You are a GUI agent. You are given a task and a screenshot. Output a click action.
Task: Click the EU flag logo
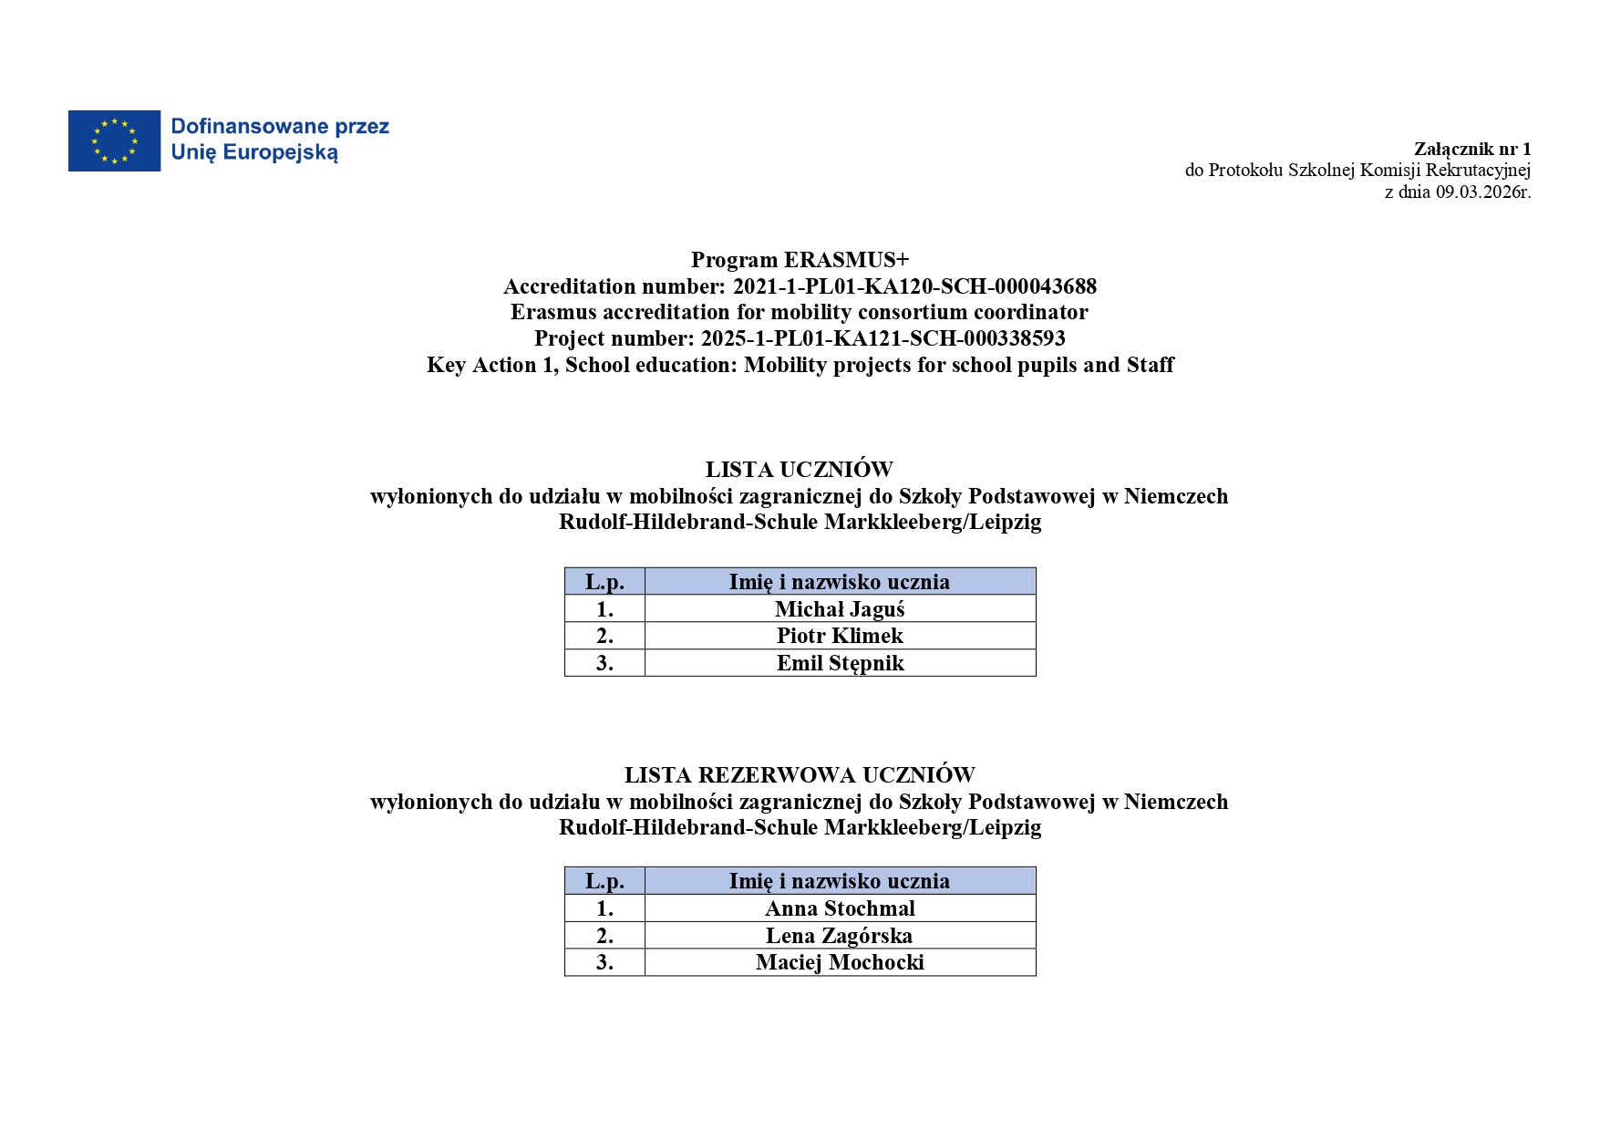pos(114,140)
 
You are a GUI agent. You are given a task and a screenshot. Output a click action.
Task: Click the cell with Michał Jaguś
pos(840,609)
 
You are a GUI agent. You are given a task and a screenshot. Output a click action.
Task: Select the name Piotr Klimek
pos(840,636)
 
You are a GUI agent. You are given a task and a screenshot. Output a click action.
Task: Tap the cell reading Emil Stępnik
pos(840,663)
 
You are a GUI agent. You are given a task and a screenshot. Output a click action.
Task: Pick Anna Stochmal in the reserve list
pos(840,908)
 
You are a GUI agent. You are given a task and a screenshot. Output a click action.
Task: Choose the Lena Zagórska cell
pos(839,936)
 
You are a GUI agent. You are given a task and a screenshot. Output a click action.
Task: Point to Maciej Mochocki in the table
pos(840,962)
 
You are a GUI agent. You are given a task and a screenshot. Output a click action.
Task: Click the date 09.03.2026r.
pos(1483,192)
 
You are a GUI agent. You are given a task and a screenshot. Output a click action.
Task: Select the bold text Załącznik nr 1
pos(1472,149)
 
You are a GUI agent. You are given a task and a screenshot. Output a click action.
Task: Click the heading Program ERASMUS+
pos(800,260)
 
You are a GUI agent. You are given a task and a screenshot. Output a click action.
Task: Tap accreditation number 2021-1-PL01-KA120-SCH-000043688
pos(914,286)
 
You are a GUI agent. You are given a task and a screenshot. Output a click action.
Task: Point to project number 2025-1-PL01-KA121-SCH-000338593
pos(883,338)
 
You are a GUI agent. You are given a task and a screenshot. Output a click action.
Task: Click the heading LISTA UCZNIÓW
pos(799,470)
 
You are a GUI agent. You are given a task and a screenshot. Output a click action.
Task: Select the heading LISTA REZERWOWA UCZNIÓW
pos(800,775)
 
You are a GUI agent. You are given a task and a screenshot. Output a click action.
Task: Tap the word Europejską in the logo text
pos(280,153)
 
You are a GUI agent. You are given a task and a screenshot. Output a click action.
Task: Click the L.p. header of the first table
pos(604,582)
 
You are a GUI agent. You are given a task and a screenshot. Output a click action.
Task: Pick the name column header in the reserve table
pos(839,881)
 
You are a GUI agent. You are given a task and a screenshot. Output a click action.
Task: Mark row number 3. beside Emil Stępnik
pos(604,663)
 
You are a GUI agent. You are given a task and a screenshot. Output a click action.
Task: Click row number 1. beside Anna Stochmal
pos(604,908)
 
